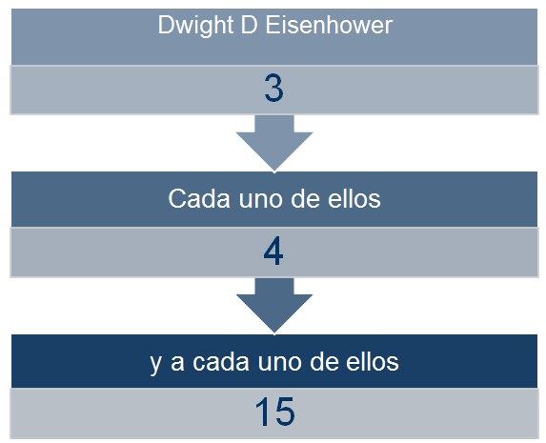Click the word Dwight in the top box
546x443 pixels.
(x=195, y=26)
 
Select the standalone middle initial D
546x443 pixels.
(x=249, y=25)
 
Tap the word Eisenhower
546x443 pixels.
(x=329, y=25)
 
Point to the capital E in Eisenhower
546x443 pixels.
(x=273, y=25)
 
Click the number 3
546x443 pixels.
(x=273, y=88)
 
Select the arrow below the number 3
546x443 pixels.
(x=274, y=143)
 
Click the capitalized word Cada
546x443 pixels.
(x=199, y=199)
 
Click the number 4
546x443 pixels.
(x=273, y=251)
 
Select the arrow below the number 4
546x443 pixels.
(x=274, y=306)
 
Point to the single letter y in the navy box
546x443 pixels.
(x=156, y=365)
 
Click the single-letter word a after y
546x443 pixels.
(x=177, y=363)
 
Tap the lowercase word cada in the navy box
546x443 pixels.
(x=221, y=361)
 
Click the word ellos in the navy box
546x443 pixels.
(x=373, y=361)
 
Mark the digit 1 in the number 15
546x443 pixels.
(x=263, y=412)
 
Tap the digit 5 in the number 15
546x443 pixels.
(x=285, y=412)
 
